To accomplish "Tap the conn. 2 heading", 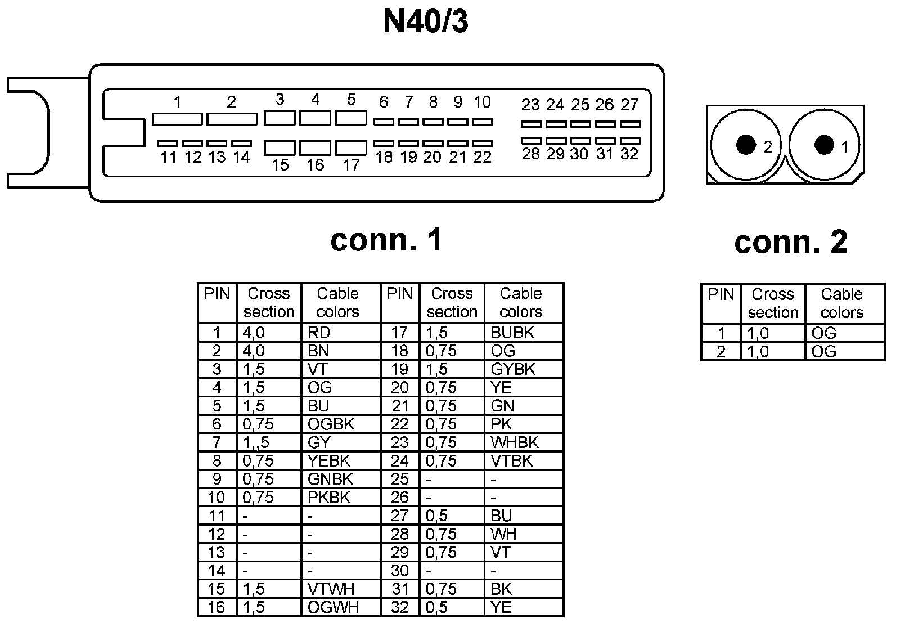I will [790, 242].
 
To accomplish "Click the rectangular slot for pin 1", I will [177, 119].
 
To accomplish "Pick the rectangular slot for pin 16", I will [315, 147].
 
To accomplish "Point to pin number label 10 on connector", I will [482, 102].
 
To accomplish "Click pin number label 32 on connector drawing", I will [629, 154].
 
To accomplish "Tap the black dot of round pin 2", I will [746, 145].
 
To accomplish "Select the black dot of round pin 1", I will [824, 145].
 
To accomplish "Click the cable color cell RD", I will [319, 333].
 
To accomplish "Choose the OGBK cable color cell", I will [331, 424].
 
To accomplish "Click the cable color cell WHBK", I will [515, 442].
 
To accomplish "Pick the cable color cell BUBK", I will [512, 333].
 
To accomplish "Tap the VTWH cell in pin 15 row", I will [331, 589].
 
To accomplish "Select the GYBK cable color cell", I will [513, 369].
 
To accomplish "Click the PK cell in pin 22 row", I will [502, 424].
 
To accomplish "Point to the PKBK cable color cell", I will [329, 498].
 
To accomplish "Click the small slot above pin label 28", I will [531, 141].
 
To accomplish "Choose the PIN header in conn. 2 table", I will [721, 294].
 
